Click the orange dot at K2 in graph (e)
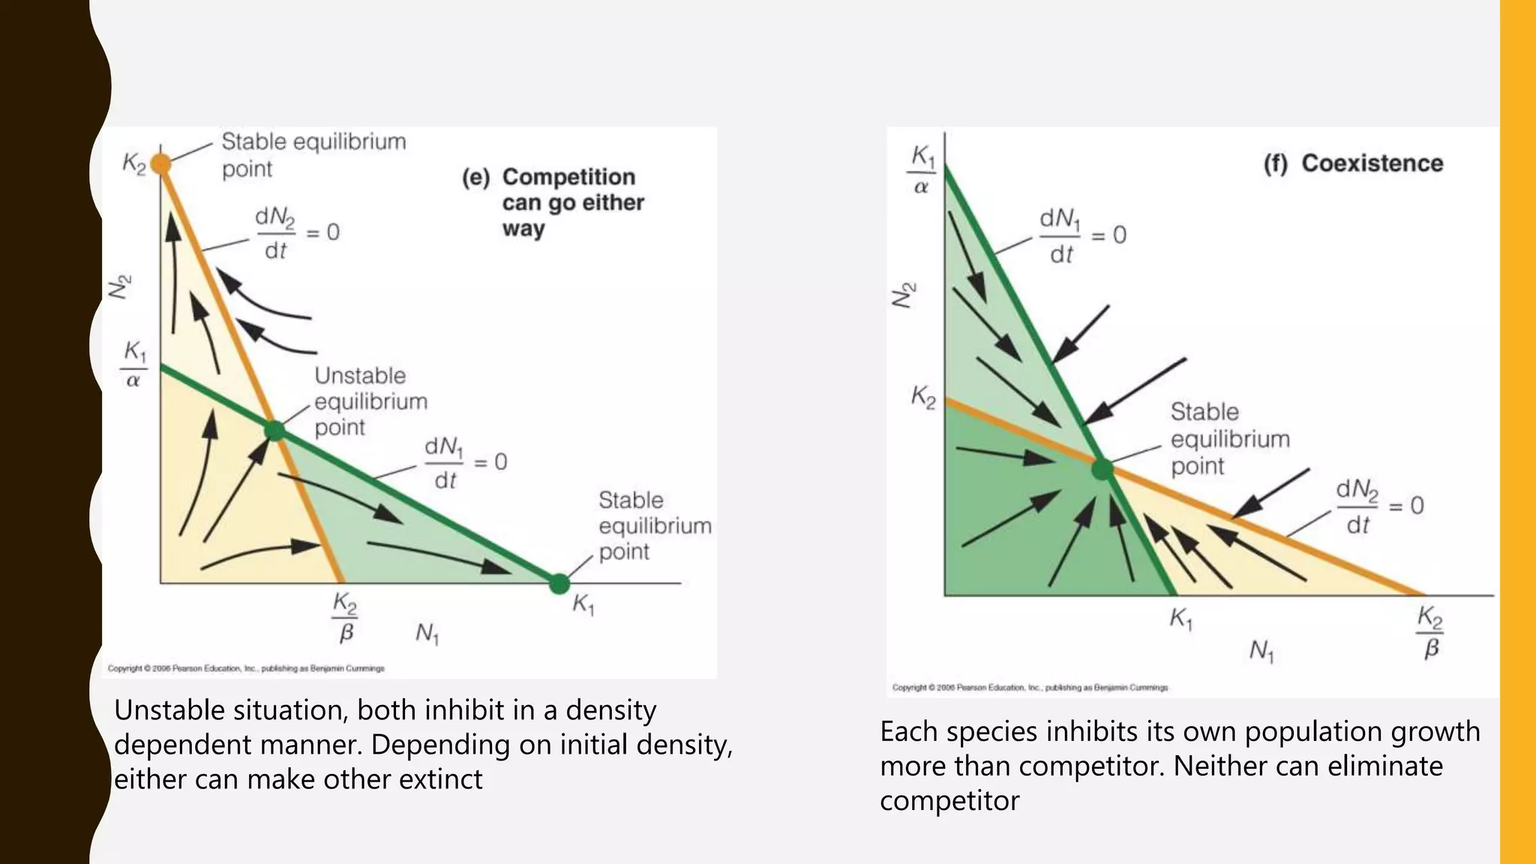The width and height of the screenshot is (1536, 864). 161,163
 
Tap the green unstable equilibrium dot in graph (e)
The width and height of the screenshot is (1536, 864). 275,430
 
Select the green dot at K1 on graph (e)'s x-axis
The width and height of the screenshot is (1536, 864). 559,583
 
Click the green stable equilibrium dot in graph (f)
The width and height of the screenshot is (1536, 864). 1102,470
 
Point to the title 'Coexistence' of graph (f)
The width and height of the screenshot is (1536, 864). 1372,163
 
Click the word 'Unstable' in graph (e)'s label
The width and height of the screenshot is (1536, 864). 360,376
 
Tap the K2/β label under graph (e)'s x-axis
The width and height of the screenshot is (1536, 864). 345,617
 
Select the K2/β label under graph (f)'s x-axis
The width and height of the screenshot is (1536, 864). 1430,632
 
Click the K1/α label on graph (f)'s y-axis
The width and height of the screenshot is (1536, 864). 922,170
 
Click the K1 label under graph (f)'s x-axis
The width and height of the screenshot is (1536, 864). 1180,619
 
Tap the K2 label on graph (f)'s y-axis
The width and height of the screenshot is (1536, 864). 923,397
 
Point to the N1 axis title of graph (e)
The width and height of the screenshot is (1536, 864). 427,634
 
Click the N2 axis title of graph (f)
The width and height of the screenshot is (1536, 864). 904,295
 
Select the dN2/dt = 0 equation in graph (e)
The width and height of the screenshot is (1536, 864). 297,233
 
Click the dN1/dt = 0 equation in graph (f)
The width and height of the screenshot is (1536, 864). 1082,236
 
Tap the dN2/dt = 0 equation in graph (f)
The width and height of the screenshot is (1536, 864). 1379,507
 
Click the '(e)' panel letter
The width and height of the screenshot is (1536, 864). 475,178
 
